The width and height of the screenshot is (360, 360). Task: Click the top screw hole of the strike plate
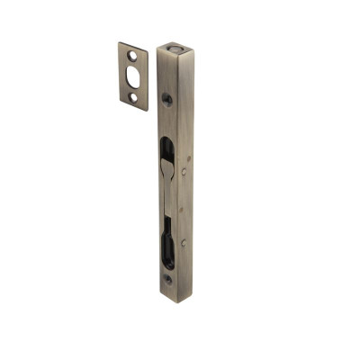[x=132, y=57]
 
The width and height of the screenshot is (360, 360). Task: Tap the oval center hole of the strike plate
[x=132, y=76]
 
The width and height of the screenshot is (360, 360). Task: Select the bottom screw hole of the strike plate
[x=133, y=96]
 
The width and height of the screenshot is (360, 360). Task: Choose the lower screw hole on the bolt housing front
[x=168, y=280]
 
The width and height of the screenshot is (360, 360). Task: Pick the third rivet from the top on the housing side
[x=184, y=210]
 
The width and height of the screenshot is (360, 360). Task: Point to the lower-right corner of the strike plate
[x=146, y=110]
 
